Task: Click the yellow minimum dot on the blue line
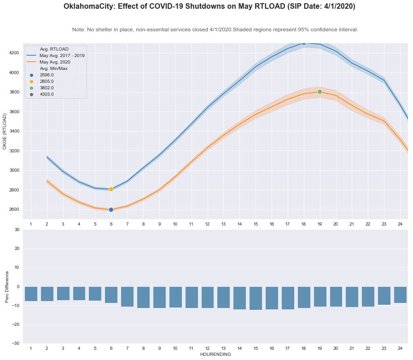click(111, 189)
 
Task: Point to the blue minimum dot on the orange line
click(111, 209)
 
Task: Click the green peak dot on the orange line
click(320, 92)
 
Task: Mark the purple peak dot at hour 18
click(303, 43)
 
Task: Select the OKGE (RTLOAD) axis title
click(5, 132)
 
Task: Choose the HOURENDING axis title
click(215, 355)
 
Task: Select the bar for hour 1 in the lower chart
click(31, 294)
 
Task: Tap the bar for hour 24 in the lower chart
click(400, 295)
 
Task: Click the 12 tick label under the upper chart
click(207, 224)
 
